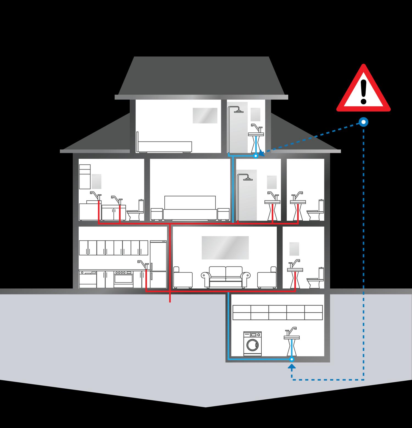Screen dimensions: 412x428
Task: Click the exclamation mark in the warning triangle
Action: tap(364, 91)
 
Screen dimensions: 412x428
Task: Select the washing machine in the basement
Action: tap(252, 344)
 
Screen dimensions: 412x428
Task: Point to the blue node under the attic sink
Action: tap(256, 156)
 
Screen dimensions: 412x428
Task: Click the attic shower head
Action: tap(239, 111)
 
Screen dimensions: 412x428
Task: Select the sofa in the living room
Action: tap(226, 277)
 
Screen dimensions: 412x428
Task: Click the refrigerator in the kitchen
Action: tap(158, 264)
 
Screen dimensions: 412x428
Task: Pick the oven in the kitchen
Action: tap(123, 279)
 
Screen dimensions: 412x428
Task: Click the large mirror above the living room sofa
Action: tap(225, 247)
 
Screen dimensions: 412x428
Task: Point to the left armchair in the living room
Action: tap(183, 278)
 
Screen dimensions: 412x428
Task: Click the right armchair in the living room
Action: tap(267, 278)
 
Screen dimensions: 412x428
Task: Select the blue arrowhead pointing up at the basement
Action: tap(292, 366)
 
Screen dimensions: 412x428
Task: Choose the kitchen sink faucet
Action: tap(142, 264)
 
